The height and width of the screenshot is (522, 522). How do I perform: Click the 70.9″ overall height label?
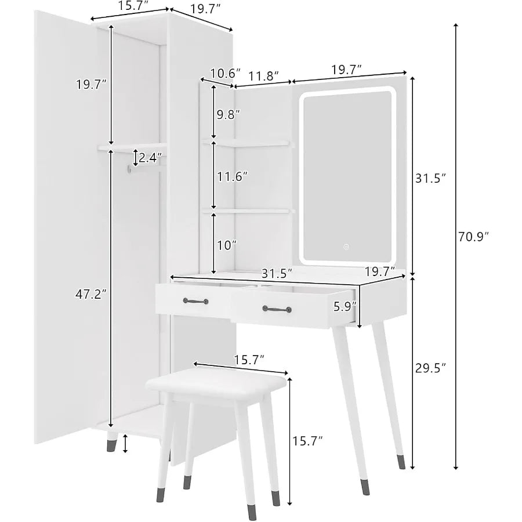click(x=473, y=237)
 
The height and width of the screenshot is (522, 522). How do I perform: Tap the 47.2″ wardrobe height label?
click(x=91, y=294)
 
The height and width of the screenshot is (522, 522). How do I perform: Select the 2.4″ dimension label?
click(x=150, y=157)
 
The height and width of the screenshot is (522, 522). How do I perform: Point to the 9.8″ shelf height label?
click(x=228, y=114)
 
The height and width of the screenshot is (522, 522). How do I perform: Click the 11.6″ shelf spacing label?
click(x=233, y=176)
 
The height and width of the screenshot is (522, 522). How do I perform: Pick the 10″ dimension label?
click(x=227, y=245)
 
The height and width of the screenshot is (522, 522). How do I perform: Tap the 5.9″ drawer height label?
click(x=345, y=306)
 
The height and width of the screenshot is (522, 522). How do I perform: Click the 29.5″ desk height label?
click(x=430, y=368)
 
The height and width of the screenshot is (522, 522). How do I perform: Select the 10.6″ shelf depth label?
click(x=225, y=73)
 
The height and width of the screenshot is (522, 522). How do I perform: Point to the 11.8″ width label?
click(x=264, y=76)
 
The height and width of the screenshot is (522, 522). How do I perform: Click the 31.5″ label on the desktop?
click(x=277, y=273)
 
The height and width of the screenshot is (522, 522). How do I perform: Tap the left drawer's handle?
click(x=196, y=301)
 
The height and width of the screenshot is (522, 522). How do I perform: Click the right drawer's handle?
click(x=277, y=309)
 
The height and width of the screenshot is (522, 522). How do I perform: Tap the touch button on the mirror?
click(x=346, y=247)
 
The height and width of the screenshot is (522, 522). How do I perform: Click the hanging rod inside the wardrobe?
click(x=147, y=168)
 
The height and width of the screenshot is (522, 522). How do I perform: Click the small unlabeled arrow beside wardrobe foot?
click(x=125, y=444)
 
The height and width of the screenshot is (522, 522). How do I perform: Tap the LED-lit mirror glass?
click(x=347, y=176)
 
